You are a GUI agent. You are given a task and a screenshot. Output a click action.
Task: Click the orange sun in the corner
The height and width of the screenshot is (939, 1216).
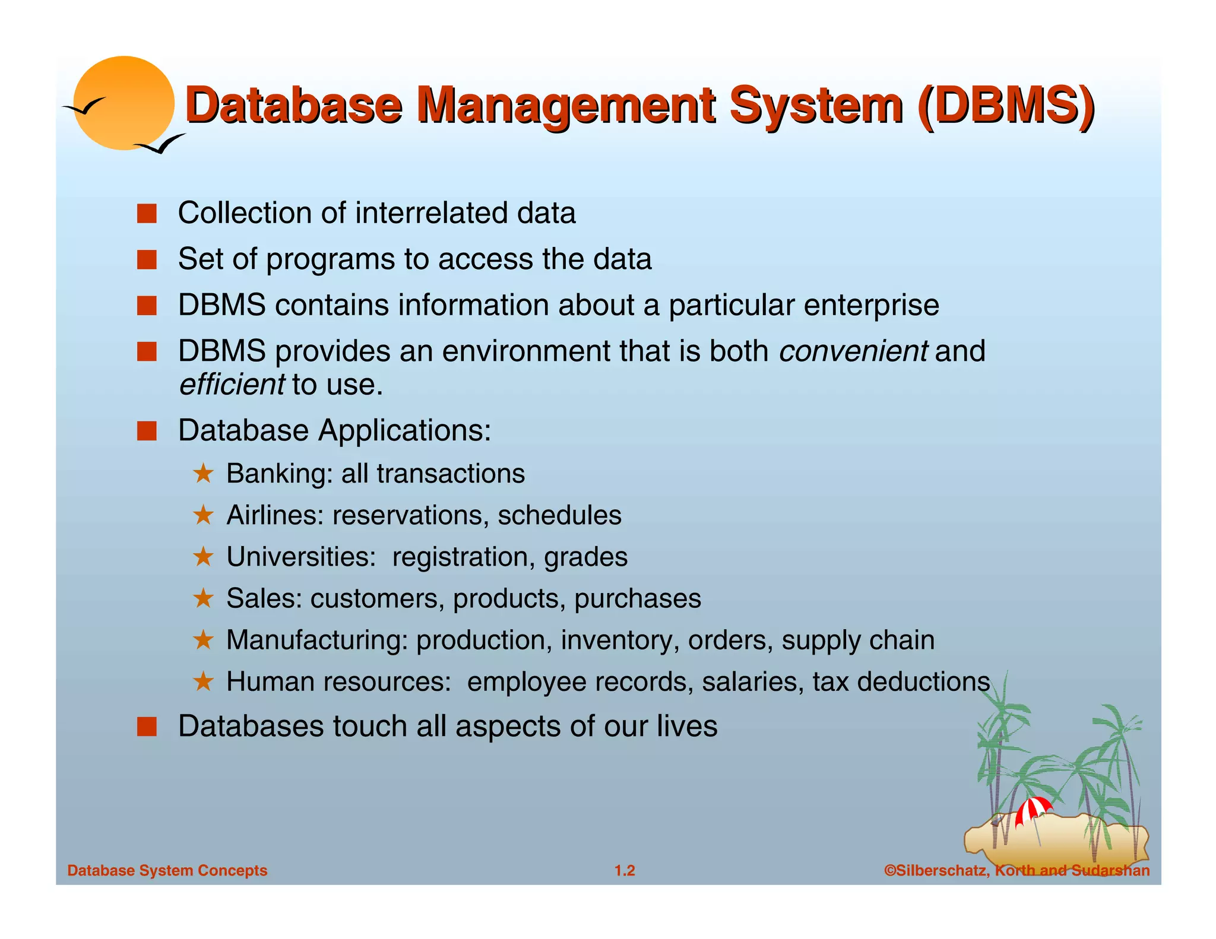pos(124,103)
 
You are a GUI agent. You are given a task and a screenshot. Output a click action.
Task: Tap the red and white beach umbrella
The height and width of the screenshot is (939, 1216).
pos(1034,810)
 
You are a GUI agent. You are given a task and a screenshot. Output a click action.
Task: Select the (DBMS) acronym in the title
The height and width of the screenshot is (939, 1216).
pos(1005,106)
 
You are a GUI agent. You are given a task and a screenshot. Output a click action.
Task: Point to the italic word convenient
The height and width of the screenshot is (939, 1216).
pos(853,351)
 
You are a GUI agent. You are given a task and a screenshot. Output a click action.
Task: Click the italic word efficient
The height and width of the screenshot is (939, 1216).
pos(232,385)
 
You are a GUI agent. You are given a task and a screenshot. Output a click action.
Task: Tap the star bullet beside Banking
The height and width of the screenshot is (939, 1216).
pos(203,474)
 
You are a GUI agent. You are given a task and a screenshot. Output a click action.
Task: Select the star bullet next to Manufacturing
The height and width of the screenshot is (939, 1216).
pos(203,640)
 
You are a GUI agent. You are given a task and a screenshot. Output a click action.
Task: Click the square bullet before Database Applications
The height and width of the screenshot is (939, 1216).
pos(147,431)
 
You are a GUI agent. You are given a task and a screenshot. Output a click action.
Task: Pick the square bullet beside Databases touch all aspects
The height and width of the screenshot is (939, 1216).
pos(147,727)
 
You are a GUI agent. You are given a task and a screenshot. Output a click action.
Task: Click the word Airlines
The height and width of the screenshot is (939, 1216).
pos(275,515)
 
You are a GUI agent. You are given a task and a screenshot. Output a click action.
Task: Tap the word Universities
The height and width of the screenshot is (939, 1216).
pos(301,557)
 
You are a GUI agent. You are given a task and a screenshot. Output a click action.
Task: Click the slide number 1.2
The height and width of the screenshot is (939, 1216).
pos(625,871)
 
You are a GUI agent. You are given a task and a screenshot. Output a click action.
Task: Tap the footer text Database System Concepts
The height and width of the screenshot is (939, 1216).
pos(167,871)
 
